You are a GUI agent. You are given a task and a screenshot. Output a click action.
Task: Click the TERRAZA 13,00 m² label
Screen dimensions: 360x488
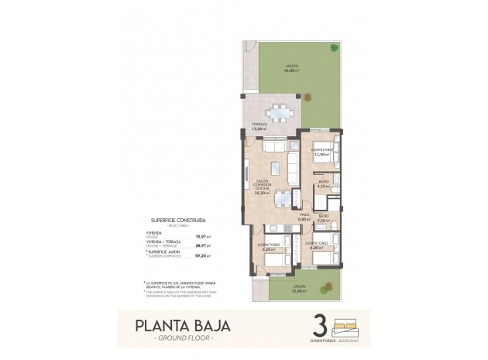[x=259, y=126]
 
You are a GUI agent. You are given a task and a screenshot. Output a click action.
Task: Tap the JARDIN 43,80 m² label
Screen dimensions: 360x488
[x=290, y=68]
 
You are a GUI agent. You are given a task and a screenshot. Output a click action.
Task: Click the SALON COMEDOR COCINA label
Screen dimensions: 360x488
[x=263, y=187]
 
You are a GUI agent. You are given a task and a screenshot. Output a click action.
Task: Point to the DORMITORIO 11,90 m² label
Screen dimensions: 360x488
[x=321, y=152]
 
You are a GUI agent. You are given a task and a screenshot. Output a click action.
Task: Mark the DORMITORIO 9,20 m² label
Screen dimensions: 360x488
[x=268, y=248]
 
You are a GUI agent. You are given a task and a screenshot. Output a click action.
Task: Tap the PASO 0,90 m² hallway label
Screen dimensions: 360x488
[x=304, y=217]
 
